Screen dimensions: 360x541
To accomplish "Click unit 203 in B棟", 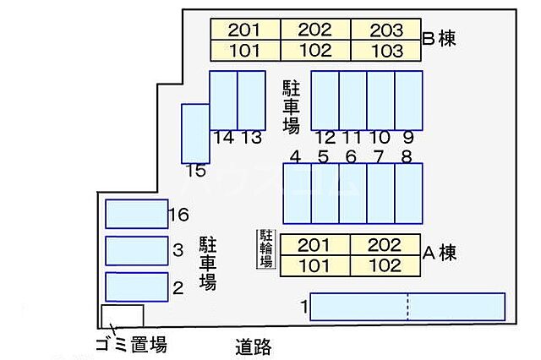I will pyautogui.click(x=385, y=30).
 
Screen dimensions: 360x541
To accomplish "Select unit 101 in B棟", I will pyautogui.click(x=244, y=50).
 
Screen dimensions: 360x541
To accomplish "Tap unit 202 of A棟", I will pyautogui.click(x=385, y=245).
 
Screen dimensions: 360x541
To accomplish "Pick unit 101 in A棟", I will pyautogui.click(x=314, y=265).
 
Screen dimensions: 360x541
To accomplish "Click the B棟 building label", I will pyautogui.click(x=438, y=38).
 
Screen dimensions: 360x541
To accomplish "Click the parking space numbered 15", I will pyautogui.click(x=195, y=133).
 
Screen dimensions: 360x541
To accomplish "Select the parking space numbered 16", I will pyautogui.click(x=136, y=214).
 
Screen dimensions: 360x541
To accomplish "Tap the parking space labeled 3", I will pyautogui.click(x=136, y=250).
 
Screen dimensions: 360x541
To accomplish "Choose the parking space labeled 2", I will pyautogui.click(x=136, y=287).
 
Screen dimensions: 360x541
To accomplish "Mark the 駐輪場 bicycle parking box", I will pyautogui.click(x=266, y=248).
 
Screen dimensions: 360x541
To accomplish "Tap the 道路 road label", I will pyautogui.click(x=253, y=346).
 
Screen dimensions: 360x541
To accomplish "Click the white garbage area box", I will pyautogui.click(x=122, y=315).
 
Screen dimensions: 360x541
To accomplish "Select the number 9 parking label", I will pyautogui.click(x=407, y=137).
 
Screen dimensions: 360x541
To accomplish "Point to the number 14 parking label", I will pyautogui.click(x=223, y=137).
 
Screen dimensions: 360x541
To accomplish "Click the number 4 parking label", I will pyautogui.click(x=295, y=156).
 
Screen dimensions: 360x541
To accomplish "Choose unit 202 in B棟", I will pyautogui.click(x=314, y=30).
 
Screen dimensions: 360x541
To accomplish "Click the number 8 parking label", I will pyautogui.click(x=407, y=156).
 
